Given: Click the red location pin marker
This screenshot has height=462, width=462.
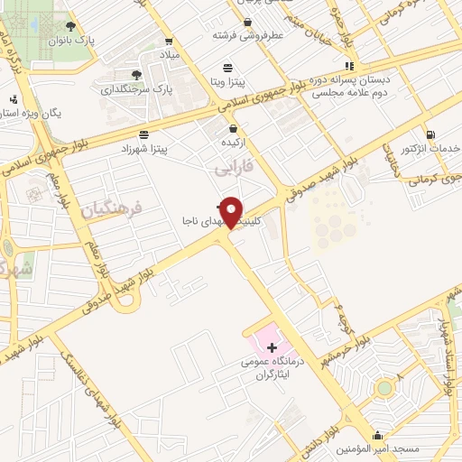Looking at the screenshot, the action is point(232,211).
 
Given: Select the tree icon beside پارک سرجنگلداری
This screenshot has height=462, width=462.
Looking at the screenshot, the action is point(135,75).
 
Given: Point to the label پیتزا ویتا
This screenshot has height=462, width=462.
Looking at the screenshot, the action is point(228,81).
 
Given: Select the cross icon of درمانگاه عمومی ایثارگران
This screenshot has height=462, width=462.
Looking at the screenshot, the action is point(272,348).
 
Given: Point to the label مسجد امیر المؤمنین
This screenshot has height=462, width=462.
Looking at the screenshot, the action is point(377,448).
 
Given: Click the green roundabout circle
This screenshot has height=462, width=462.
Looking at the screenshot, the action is point(385,388).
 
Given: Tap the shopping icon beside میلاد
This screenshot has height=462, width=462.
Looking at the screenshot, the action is point(170,42).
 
